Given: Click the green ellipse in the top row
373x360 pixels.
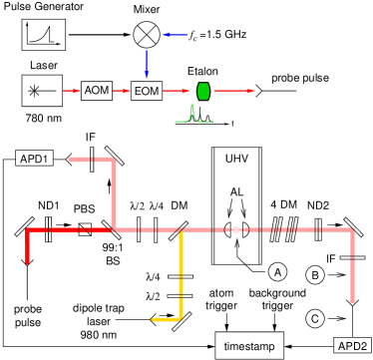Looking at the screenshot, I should click(203, 91).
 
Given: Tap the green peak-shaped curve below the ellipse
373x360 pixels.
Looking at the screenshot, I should click(192, 116).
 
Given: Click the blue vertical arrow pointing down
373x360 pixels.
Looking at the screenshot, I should click(147, 64).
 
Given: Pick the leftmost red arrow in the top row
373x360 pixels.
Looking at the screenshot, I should click(71, 91).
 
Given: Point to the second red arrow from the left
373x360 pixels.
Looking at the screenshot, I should click(122, 91).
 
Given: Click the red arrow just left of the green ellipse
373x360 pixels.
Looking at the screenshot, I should click(177, 91).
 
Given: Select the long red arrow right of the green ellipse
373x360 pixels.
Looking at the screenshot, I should click(234, 91).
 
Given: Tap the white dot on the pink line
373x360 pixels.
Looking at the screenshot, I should click(236, 229).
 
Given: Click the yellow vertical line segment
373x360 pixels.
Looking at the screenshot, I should click(181, 274).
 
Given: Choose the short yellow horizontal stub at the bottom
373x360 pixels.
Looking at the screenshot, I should click(165, 319).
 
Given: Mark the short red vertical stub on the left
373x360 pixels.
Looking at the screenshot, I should click(27, 247).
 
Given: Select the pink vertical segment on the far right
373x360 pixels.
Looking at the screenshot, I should click(352, 264).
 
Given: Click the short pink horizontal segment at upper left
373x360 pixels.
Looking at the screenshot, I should click(90, 159).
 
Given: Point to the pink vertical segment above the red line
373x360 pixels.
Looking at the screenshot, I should click(114, 194).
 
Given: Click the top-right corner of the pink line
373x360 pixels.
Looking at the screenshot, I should click(352, 230).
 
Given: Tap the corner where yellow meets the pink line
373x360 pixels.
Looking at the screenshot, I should click(181, 230).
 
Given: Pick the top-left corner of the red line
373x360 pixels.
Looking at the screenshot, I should click(28, 230).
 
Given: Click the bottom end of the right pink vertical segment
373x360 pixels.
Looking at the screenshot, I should click(352, 299).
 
